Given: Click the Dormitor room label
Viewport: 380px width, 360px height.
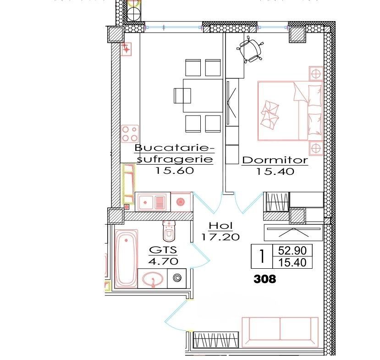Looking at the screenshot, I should pyautogui.click(x=274, y=161).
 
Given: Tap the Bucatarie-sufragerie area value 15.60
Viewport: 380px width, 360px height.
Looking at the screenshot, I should pyautogui.click(x=175, y=171).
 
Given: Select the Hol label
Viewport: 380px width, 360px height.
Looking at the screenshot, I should pyautogui.click(x=220, y=226).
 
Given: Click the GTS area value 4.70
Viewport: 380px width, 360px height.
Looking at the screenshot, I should pyautogui.click(x=163, y=261).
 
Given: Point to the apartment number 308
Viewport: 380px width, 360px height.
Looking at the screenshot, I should pyautogui.click(x=265, y=278).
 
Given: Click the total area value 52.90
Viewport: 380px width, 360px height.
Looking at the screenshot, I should pyautogui.click(x=292, y=251).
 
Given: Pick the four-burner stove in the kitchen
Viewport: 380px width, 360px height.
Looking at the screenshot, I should pyautogui.click(x=129, y=133).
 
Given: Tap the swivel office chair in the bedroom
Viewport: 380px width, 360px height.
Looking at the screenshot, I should pyautogui.click(x=251, y=50).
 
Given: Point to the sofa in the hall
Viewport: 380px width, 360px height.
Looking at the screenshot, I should pyautogui.click(x=280, y=331).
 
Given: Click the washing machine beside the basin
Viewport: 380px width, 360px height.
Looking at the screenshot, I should pyautogui.click(x=177, y=278).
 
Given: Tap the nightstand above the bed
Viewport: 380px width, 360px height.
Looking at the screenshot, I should pyautogui.click(x=315, y=73).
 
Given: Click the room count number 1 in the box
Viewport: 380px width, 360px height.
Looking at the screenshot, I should pyautogui.click(x=262, y=256).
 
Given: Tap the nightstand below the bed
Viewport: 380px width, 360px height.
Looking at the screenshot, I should pyautogui.click(x=315, y=148).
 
